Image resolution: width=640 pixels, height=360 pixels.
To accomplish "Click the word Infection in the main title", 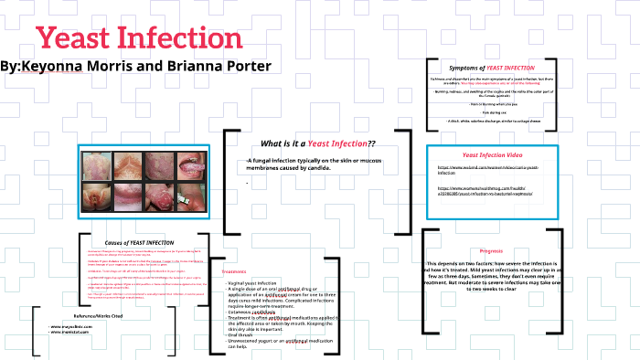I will point(183,39).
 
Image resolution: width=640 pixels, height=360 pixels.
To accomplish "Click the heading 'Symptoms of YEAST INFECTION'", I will point(492,68).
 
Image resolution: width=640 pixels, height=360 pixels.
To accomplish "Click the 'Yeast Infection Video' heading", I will point(492,155).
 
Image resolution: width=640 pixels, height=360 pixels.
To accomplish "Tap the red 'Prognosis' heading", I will point(491,249).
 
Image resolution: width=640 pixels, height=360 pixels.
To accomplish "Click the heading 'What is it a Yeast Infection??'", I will point(318,144).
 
